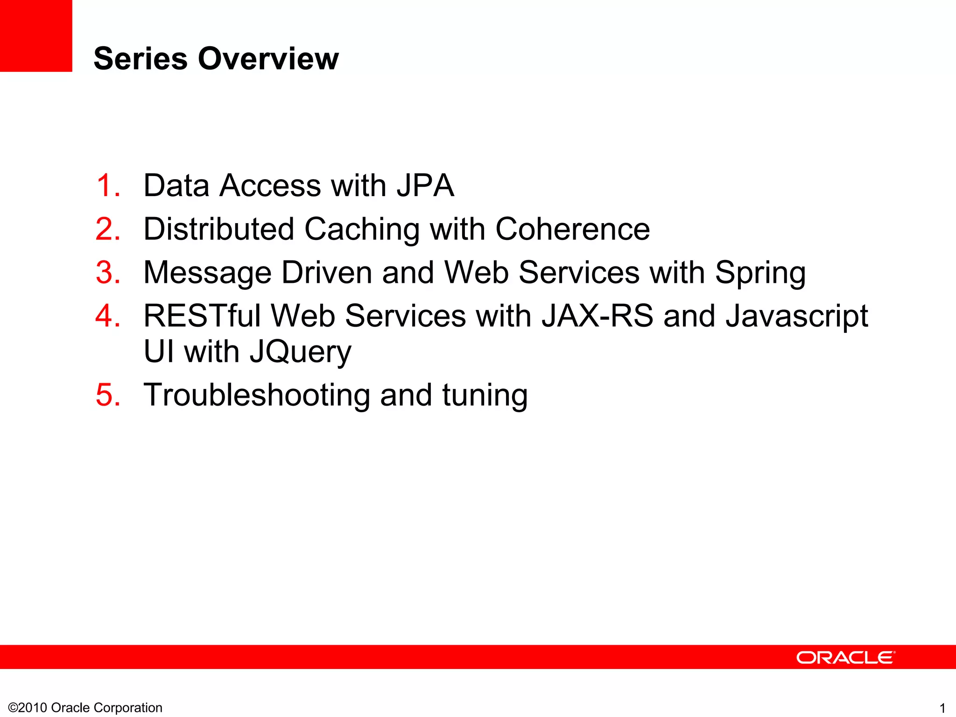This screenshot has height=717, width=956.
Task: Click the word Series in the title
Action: [140, 59]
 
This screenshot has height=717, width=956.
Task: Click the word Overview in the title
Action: [268, 59]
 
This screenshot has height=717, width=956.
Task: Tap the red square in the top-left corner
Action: [36, 35]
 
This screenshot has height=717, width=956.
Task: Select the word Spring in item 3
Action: [760, 273]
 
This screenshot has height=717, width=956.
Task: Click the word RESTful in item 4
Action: [202, 316]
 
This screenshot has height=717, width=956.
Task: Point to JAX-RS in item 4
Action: [597, 316]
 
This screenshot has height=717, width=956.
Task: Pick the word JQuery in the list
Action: [300, 352]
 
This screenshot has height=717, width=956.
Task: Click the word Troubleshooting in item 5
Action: [257, 396]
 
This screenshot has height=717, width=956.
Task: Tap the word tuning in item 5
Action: [485, 396]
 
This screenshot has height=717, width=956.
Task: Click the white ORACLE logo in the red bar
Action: [845, 657]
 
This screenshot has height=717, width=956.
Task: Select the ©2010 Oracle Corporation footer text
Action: [85, 708]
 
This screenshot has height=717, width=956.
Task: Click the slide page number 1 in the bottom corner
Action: [942, 708]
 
